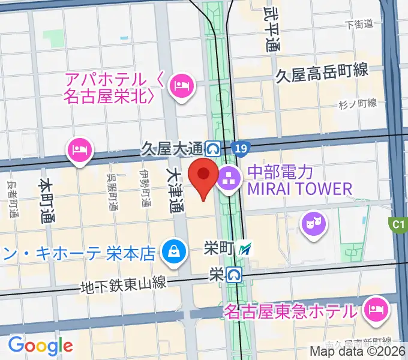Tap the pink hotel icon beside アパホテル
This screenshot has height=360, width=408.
[180, 86]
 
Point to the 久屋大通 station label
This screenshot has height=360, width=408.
[172, 147]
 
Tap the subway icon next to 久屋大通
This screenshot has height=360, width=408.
[212, 147]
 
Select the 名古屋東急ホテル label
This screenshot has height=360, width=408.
[290, 311]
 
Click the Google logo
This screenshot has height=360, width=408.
[40, 346]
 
